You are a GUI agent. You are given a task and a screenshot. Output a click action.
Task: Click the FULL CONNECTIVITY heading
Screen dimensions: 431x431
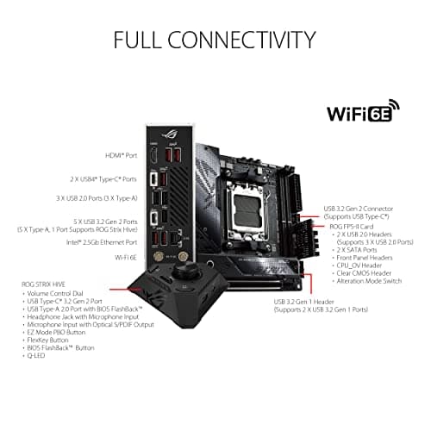point(215,40)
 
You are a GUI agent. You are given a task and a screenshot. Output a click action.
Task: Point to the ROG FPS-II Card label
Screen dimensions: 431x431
point(353,225)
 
